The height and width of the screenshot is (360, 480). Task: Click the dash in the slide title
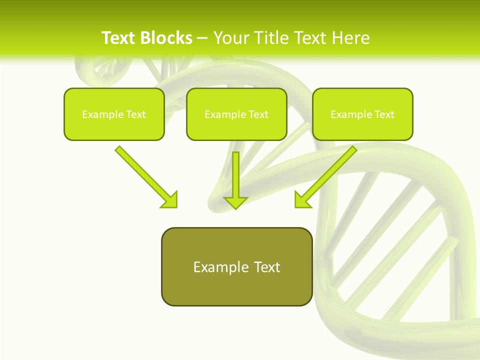[202, 38]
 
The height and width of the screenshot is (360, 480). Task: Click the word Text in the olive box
[266, 267]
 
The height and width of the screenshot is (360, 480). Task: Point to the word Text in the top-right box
[384, 114]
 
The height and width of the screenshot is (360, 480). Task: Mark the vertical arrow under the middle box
[235, 175]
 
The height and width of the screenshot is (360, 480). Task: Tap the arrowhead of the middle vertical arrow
[235, 202]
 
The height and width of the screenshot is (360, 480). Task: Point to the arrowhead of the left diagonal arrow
[170, 199]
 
